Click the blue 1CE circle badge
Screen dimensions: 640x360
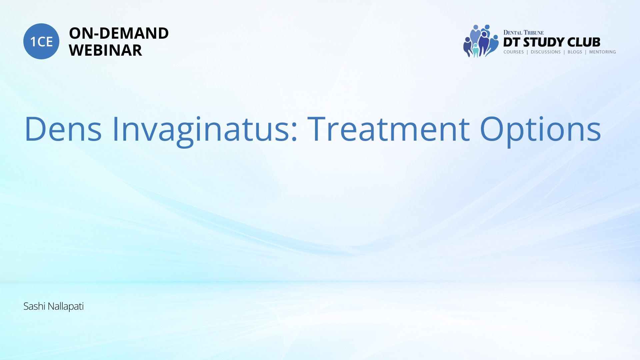[41, 41]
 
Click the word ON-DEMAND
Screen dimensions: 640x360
[119, 33]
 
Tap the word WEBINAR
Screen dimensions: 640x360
[105, 50]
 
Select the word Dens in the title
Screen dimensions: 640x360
[63, 129]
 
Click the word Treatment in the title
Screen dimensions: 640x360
[389, 129]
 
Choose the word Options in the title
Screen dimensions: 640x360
[540, 131]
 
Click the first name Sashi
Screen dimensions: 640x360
[34, 306]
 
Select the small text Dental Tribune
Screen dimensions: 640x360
[523, 33]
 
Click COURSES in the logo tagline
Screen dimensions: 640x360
[513, 52]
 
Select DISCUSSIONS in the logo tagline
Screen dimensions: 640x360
[546, 52]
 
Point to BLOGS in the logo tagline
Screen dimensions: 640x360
[575, 52]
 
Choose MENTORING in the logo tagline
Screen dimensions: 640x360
[602, 52]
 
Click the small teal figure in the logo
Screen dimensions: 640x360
[476, 51]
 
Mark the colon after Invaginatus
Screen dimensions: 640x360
[294, 132]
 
